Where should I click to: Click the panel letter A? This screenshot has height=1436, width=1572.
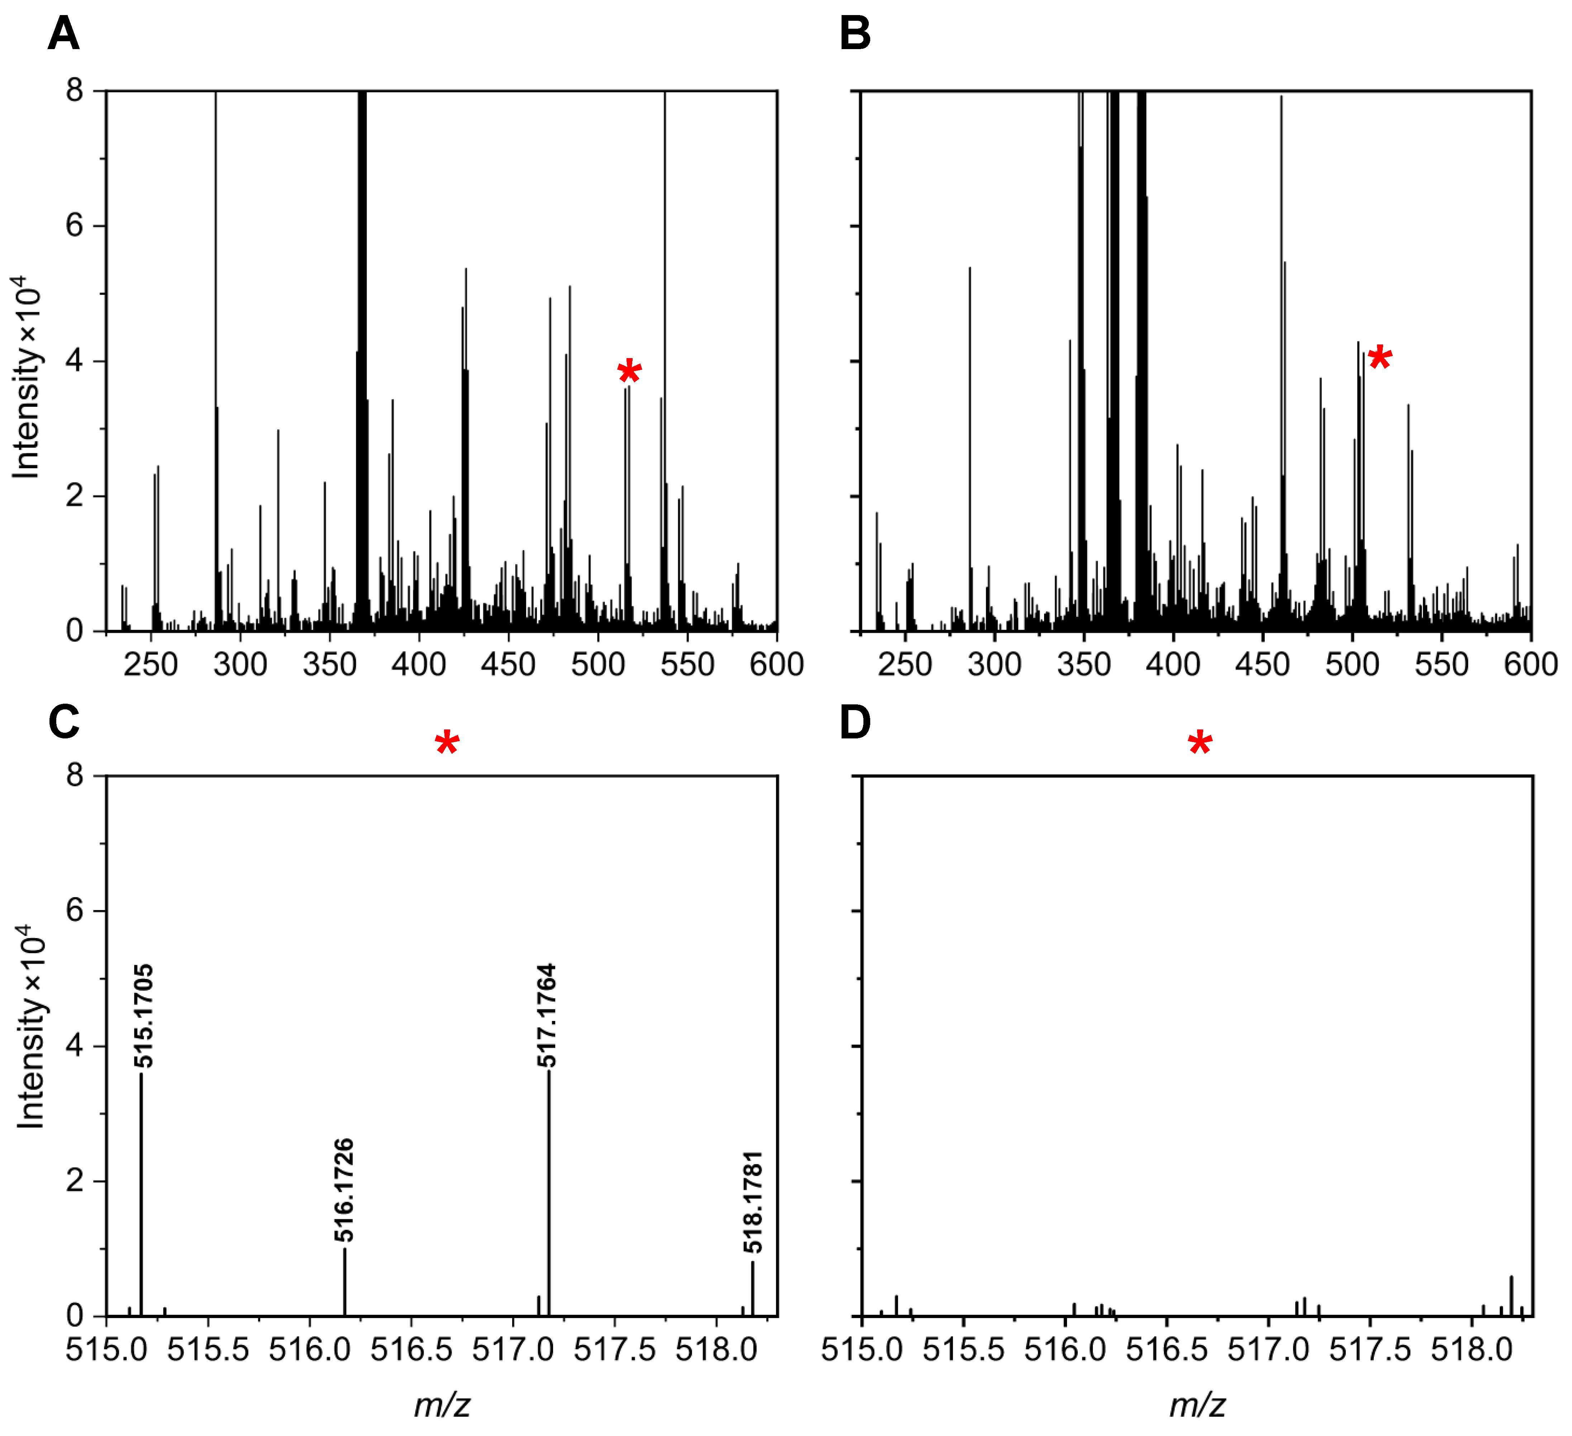pos(64,34)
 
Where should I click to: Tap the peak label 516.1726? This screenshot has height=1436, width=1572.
pos(345,1189)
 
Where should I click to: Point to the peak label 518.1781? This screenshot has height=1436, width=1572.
pos(752,1202)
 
